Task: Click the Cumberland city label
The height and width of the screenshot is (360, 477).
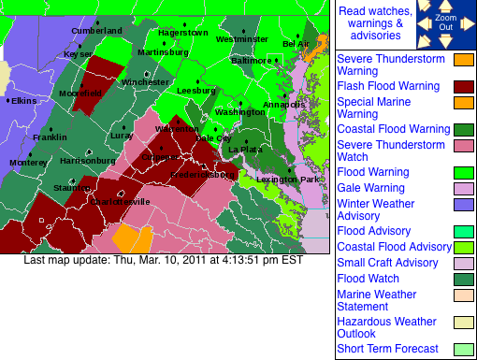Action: (x=97, y=31)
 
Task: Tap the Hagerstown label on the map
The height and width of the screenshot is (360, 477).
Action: (x=182, y=33)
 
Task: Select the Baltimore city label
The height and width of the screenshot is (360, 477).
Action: (x=251, y=61)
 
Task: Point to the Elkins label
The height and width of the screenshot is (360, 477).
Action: (x=22, y=100)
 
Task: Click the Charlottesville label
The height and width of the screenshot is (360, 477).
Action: (x=119, y=201)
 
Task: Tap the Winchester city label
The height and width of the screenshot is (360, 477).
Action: (x=145, y=82)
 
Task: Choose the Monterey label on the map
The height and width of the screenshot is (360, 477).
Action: (x=28, y=162)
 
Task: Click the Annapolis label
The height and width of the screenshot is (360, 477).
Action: (x=284, y=105)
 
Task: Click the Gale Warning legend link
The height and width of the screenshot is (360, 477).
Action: (x=369, y=188)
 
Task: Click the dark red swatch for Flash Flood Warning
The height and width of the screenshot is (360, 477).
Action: (x=464, y=87)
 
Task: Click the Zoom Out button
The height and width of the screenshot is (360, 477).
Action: (x=445, y=23)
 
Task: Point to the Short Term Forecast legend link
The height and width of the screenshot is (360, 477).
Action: (x=386, y=350)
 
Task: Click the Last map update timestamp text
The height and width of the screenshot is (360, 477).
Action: (x=163, y=260)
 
